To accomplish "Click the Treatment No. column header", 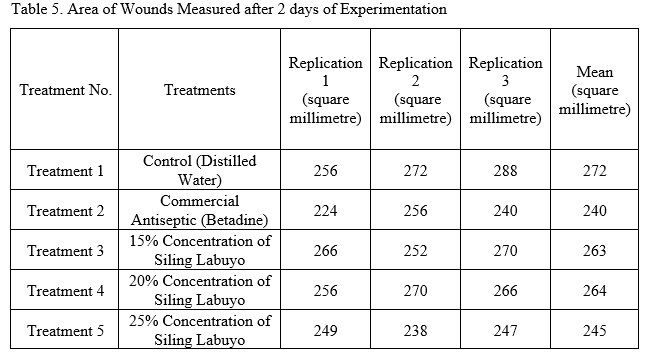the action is tap(65, 90).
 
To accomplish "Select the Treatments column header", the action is tap(200, 90).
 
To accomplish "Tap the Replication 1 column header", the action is tap(325, 90).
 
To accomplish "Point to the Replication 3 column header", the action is tap(505, 90).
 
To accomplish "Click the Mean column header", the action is tap(595, 90).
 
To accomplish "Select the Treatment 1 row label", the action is tap(65, 171).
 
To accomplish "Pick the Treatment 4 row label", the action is tap(65, 291).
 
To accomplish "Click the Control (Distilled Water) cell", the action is tap(200, 170).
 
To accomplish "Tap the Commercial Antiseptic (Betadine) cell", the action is tap(200, 210).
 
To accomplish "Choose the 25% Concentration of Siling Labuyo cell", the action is tap(200, 330).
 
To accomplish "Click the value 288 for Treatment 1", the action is tap(505, 171).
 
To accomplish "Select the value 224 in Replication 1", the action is tap(325, 211).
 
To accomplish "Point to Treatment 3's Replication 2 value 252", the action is tap(415, 251).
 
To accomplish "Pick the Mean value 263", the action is tap(595, 251).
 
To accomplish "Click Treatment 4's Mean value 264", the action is tap(595, 291).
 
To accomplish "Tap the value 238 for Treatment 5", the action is tap(415, 331).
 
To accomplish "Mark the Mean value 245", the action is tap(595, 331).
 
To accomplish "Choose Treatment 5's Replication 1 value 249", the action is tap(325, 331).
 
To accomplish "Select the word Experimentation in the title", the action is tap(393, 9).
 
